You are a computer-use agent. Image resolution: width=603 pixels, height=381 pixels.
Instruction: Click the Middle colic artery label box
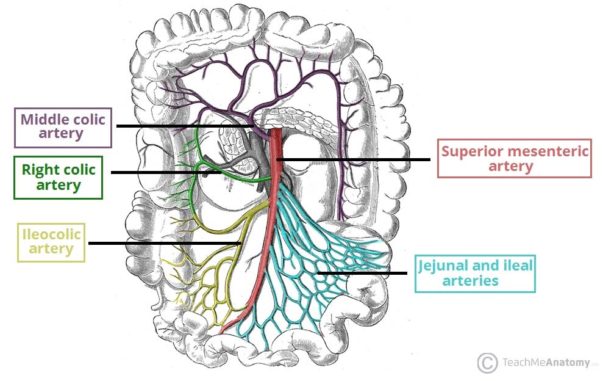pos(63,127)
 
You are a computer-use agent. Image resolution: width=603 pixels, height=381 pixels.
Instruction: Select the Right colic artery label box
pos(59,177)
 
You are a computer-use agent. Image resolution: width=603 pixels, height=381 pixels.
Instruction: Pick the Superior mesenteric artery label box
pos(515,158)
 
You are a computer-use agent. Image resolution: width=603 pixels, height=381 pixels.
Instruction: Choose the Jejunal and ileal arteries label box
pos(474,274)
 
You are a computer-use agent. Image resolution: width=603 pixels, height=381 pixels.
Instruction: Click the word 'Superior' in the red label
pos(470,151)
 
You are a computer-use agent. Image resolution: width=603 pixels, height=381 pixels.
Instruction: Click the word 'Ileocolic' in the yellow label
pos(52,234)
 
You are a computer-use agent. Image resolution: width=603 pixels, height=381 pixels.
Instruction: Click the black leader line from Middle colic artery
pos(183,126)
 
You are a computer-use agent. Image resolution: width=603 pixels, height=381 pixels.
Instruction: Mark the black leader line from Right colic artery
pos(165,172)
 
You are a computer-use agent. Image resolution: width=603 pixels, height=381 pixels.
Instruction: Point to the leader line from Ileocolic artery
pos(165,243)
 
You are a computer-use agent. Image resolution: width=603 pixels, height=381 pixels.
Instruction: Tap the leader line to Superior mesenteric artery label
pos(354,160)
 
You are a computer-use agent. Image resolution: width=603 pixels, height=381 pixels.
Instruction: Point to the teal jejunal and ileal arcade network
pos(305,256)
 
